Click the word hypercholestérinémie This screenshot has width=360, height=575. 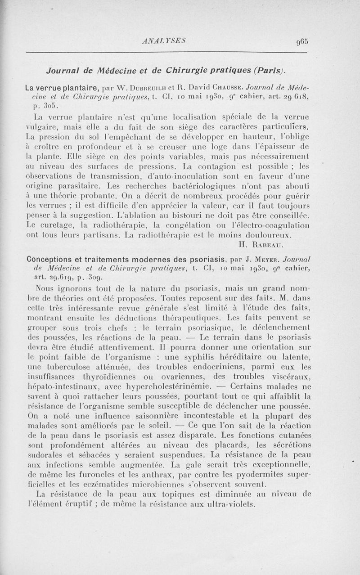point(169,386)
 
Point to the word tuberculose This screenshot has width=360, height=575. point(67,367)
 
